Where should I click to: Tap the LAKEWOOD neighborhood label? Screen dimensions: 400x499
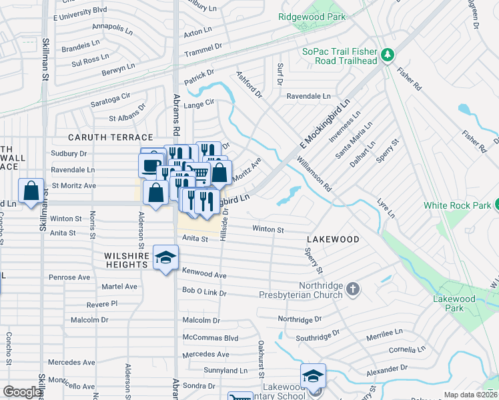(333, 239)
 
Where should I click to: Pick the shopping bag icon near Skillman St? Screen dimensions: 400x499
(31, 191)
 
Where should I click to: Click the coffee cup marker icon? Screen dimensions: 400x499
(151, 165)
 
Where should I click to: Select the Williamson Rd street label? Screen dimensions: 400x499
(314, 175)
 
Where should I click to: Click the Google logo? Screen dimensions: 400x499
(22, 393)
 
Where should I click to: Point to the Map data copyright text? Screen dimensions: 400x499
(470, 395)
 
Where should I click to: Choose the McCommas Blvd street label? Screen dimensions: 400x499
(209, 338)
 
